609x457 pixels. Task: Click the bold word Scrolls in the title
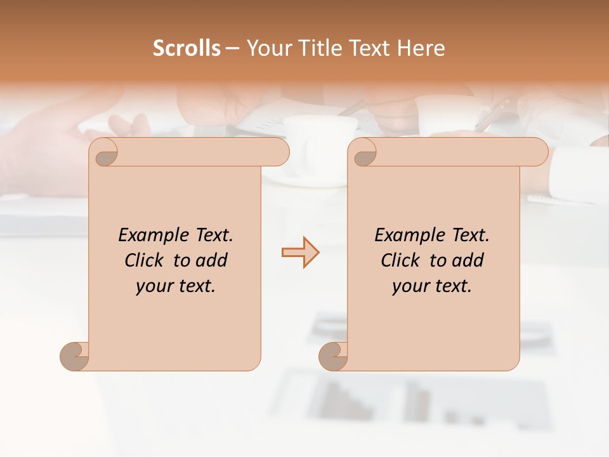pyautogui.click(x=187, y=48)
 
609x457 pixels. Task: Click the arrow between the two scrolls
pyautogui.click(x=300, y=253)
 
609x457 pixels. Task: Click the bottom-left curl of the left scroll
pyautogui.click(x=74, y=356)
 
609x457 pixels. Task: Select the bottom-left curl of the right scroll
pyautogui.click(x=333, y=356)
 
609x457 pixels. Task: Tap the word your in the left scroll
pyautogui.click(x=153, y=286)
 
